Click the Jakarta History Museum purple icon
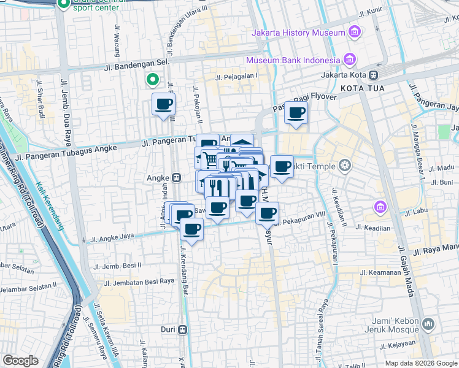coord(353,32)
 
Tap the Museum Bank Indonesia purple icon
coord(349,59)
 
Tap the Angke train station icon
coord(177,178)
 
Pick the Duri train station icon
coord(183,329)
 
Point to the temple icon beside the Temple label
coord(345,165)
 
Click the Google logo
coord(20,361)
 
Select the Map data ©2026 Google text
coord(420,363)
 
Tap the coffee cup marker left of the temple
coord(282,167)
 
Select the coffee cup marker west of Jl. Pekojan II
coord(163,105)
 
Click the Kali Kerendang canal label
coord(49,205)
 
